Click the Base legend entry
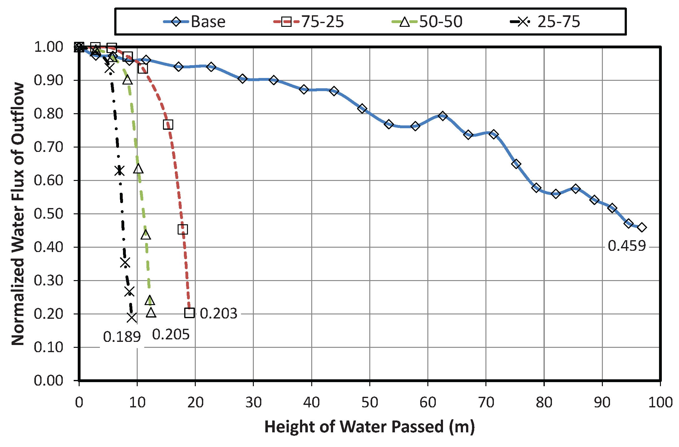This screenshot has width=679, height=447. pyautogui.click(x=194, y=22)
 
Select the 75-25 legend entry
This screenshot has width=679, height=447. pyautogui.click(x=309, y=22)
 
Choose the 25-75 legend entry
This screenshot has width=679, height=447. pyautogui.click(x=545, y=22)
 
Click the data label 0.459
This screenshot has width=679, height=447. pyautogui.click(x=627, y=246)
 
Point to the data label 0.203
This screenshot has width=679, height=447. pyautogui.click(x=219, y=313)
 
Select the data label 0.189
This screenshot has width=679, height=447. pyautogui.click(x=122, y=337)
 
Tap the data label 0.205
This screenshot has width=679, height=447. pyautogui.click(x=171, y=335)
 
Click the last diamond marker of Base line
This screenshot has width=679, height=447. pyautogui.click(x=642, y=227)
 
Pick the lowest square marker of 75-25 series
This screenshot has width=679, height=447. pyautogui.click(x=189, y=313)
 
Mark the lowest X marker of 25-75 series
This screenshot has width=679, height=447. pyautogui.click(x=132, y=318)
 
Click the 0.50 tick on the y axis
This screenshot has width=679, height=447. pyautogui.click(x=48, y=214)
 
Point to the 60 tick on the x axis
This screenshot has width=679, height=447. pyautogui.click(x=428, y=403)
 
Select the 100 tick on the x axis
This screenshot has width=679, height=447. pyautogui.click(x=660, y=403)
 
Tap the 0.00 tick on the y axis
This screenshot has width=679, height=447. pyautogui.click(x=48, y=381)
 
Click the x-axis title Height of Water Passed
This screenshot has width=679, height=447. pyautogui.click(x=369, y=426)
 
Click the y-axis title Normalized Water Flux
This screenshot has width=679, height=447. pyautogui.click(x=18, y=214)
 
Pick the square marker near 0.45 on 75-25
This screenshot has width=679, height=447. pyautogui.click(x=183, y=229)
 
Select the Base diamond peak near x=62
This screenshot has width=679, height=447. pyautogui.click(x=442, y=116)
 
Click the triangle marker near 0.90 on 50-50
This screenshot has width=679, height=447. pyautogui.click(x=127, y=80)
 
